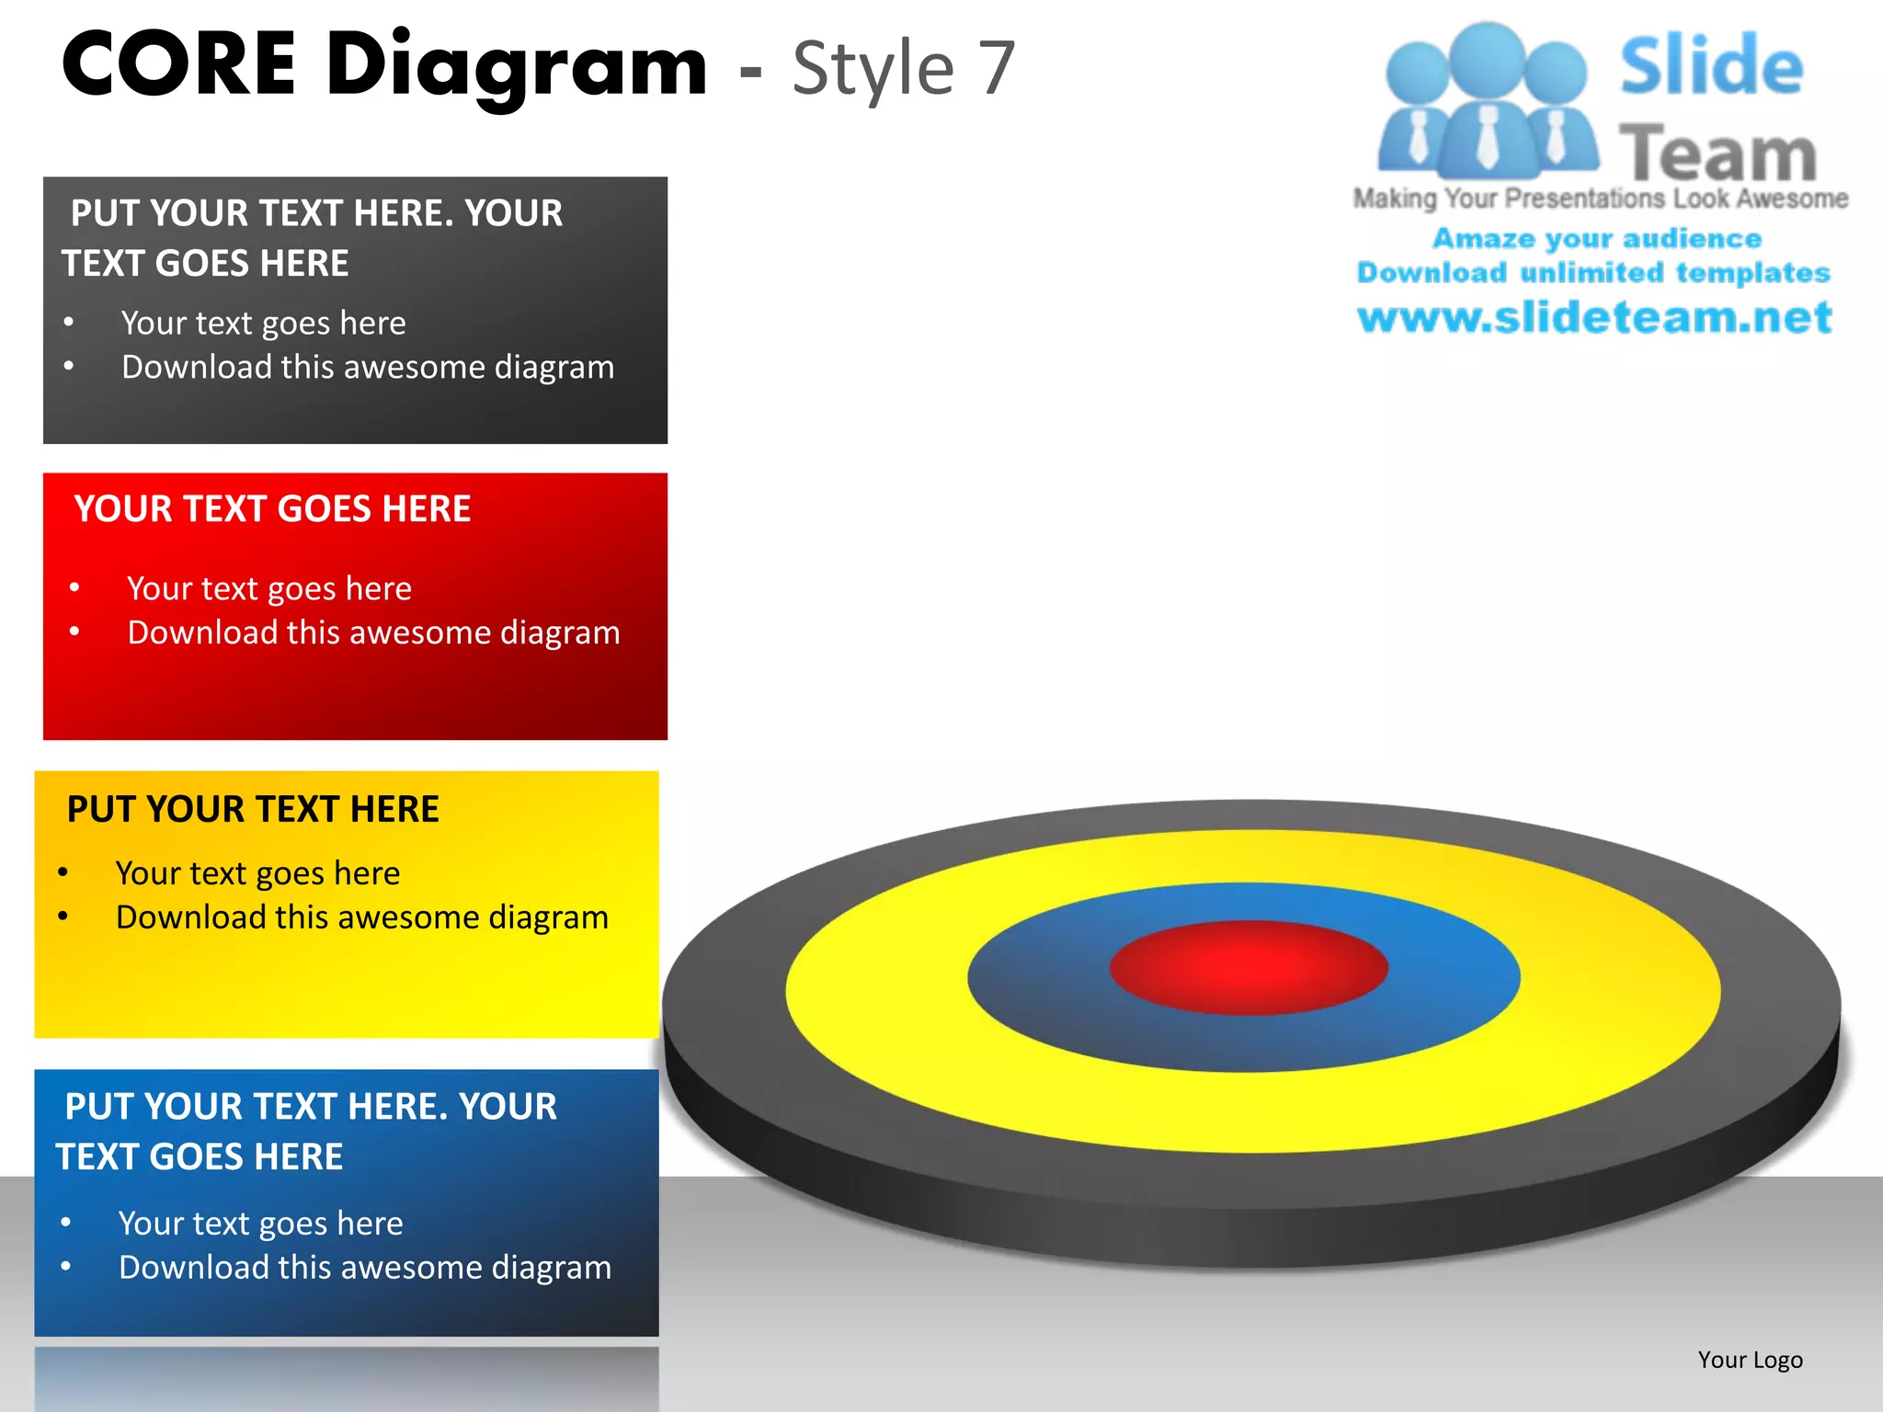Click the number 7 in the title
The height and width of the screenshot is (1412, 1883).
point(995,69)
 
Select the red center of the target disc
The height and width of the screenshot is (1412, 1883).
point(1249,967)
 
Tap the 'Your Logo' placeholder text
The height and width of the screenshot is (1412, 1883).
point(1750,1360)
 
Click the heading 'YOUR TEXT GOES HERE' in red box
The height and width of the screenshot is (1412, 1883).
point(272,509)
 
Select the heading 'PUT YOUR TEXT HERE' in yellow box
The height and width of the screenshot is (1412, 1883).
point(253,809)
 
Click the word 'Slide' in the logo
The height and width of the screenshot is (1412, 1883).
point(1710,66)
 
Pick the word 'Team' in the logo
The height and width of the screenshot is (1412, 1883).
point(1718,154)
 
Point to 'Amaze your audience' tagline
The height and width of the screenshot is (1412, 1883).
point(1597,239)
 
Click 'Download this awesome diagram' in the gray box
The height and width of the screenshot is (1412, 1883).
point(368,368)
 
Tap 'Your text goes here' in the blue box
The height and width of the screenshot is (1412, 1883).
point(261,1224)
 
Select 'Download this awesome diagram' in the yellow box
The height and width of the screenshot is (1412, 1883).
point(362,917)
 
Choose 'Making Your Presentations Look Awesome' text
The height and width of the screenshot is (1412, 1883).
point(1600,199)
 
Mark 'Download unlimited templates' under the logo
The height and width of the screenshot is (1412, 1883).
point(1593,273)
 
